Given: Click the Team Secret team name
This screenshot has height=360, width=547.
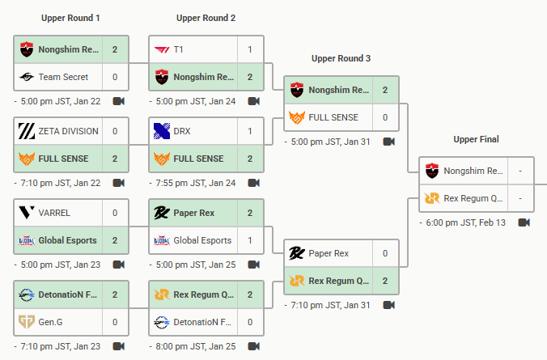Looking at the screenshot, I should point(63,77).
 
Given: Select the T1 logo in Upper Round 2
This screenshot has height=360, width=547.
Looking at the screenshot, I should point(161,49).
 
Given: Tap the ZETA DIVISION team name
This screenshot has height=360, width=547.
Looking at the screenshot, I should point(68,131).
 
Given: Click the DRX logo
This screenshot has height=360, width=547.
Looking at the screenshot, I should point(161,131).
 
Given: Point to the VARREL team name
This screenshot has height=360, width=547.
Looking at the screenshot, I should point(54,213).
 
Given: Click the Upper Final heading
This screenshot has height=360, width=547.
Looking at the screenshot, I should point(476,139).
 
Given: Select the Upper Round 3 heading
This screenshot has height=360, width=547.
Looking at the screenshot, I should point(341,58).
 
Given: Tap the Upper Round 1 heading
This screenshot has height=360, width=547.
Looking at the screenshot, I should point(70,18).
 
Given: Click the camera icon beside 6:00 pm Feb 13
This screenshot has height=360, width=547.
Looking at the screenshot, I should point(524,222).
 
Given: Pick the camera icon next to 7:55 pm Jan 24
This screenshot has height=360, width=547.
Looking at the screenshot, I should point(253,183).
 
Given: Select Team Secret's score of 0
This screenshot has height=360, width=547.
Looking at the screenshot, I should point(115,77).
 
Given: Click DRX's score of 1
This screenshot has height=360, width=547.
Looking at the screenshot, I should point(250,131).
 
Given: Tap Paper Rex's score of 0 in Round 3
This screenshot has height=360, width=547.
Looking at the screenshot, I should point(385,253).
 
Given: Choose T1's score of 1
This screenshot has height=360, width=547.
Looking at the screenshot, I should point(250,49).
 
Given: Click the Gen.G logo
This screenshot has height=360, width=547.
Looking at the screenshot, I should point(26,322).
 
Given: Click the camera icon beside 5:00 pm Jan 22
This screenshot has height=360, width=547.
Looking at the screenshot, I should point(119,101).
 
